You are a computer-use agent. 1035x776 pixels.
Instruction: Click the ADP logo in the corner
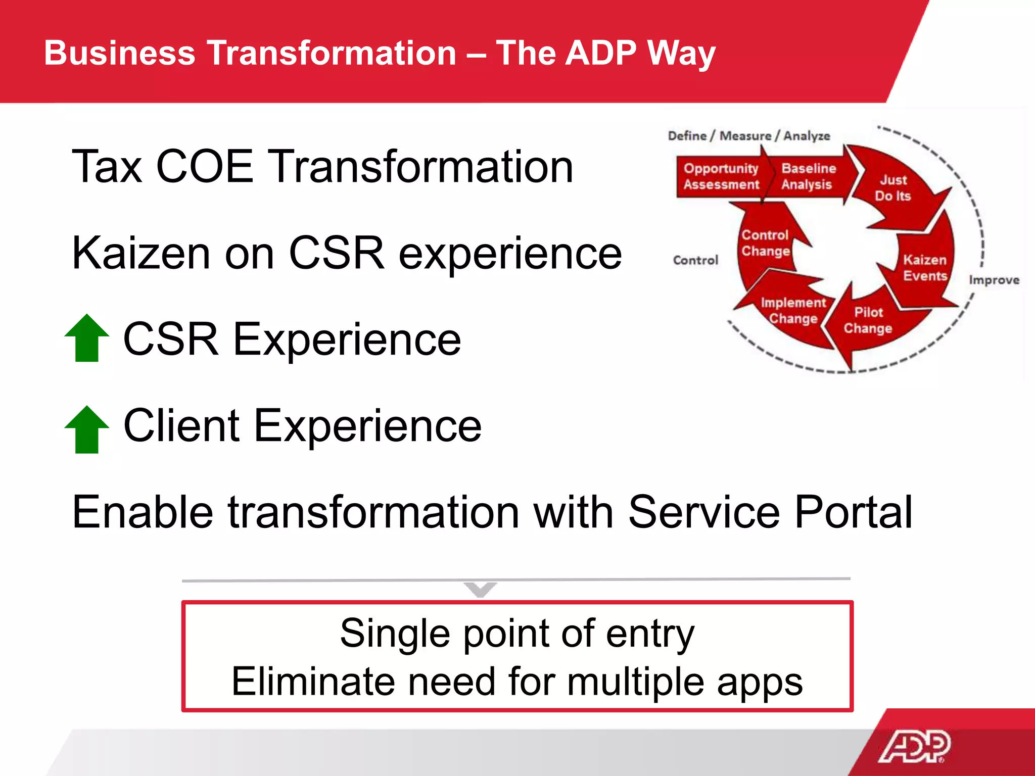pos(915,746)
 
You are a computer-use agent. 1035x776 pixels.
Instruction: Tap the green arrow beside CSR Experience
pos(87,338)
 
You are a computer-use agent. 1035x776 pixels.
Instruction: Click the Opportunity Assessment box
pos(721,176)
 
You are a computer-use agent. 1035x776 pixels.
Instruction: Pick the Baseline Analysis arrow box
pos(808,176)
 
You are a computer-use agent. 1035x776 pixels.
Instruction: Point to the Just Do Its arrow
pos(893,188)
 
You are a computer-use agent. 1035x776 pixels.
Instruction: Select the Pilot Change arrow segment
pos(868,320)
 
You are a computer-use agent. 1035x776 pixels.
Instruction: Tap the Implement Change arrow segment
pos(792,310)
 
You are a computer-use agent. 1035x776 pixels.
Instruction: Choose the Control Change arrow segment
pos(765,243)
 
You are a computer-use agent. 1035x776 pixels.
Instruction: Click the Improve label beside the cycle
pos(994,280)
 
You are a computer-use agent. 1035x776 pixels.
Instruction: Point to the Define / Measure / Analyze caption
pos(748,136)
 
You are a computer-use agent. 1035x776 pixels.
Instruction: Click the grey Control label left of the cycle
pos(695,260)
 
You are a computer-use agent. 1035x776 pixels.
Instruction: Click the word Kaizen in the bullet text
pos(140,254)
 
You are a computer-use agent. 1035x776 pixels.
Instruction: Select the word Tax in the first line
pos(107,167)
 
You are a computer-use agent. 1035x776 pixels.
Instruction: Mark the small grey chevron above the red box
pos(480,589)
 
